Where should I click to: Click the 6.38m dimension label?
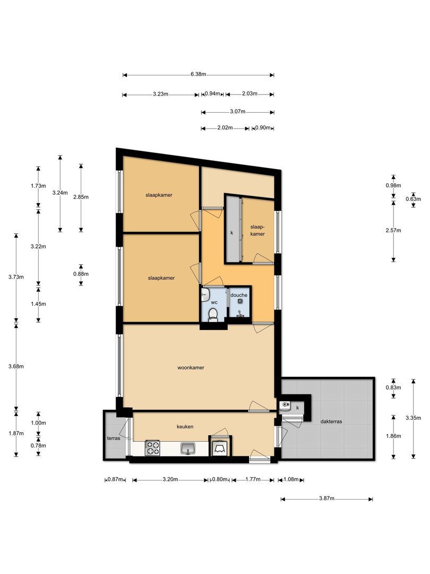click(198, 74)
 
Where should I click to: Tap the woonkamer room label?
click(191, 368)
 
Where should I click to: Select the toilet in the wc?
click(213, 315)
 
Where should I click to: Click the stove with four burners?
click(152, 448)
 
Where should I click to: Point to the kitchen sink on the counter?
click(188, 448)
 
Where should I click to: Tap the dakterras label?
click(331, 421)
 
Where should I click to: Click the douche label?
click(239, 295)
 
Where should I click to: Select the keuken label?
click(185, 426)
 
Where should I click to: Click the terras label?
click(114, 438)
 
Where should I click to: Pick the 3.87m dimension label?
click(327, 498)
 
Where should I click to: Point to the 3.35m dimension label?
click(413, 418)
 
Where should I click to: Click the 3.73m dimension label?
click(16, 277)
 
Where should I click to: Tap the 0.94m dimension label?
click(212, 94)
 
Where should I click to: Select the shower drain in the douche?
click(240, 301)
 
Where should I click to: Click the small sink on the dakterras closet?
click(285, 406)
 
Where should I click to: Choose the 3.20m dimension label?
click(170, 479)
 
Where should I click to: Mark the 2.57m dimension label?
click(393, 230)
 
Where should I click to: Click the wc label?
click(214, 302)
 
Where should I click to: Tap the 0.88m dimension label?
click(81, 274)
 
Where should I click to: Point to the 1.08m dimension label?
click(291, 479)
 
